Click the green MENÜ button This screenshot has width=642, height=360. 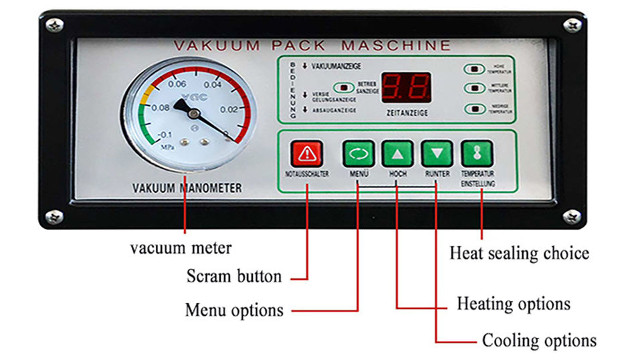click(x=358, y=154)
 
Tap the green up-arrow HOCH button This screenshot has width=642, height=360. click(x=398, y=154)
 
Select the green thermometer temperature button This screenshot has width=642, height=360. click(x=477, y=154)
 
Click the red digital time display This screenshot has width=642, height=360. click(x=405, y=87)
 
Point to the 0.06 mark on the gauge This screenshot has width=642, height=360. click(x=177, y=84)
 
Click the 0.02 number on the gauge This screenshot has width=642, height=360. click(x=229, y=108)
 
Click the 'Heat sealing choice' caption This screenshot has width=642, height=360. click(x=519, y=253)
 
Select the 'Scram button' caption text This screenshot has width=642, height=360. click(x=233, y=276)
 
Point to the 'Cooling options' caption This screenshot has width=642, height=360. click(x=539, y=340)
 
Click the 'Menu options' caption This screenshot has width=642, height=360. click(x=234, y=310)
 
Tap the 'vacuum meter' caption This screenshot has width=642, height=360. click(x=181, y=248)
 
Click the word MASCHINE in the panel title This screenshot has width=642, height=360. click(x=397, y=46)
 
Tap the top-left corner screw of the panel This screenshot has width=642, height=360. click(x=54, y=25)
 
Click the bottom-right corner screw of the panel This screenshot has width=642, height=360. click(x=572, y=215)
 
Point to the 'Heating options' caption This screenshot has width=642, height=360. click(x=514, y=304)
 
